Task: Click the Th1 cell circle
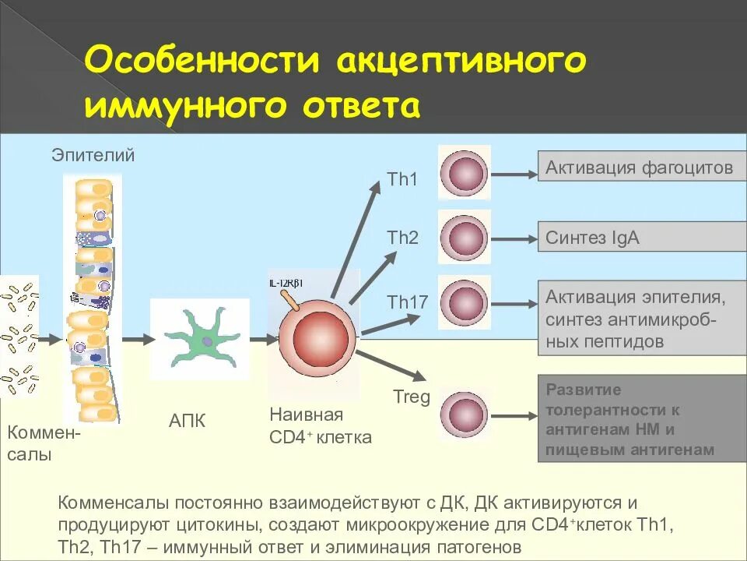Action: point(464,171)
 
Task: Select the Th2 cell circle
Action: point(464,236)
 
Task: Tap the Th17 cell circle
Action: point(464,302)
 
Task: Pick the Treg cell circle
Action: point(464,409)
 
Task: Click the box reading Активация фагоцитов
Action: point(639,168)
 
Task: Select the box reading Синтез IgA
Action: point(639,237)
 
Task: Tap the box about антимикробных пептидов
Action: point(639,319)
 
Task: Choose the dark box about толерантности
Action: point(639,419)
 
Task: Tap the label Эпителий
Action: point(93,155)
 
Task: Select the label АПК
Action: point(188,422)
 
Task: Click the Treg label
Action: point(412,397)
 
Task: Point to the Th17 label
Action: point(408,302)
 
